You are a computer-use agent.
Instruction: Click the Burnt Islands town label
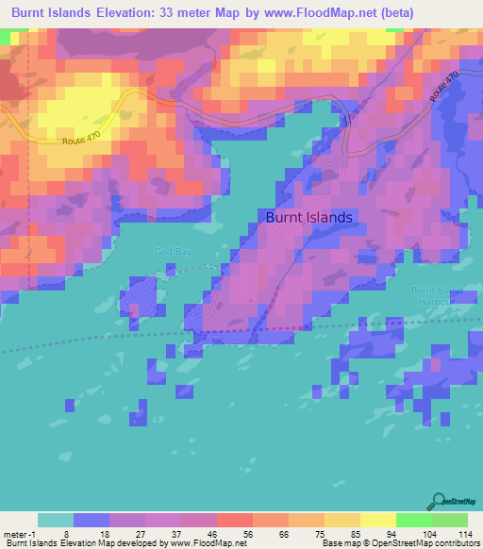coord(308,217)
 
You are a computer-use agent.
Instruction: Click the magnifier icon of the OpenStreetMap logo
coord(440,501)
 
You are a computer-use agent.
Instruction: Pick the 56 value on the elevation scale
coord(246,533)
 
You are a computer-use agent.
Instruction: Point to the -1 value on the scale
coord(33,533)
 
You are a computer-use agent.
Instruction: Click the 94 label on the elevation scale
coord(389,533)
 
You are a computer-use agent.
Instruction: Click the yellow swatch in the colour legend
coord(377,520)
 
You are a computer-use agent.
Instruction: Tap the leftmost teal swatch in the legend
coord(56,520)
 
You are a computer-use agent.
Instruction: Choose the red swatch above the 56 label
coord(234,520)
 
